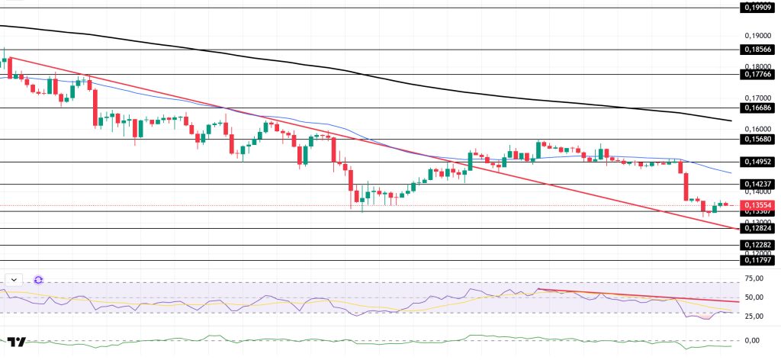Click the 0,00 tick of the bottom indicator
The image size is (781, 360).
753,340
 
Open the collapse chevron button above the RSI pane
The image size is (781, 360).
14,280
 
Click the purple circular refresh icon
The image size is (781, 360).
38,280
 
